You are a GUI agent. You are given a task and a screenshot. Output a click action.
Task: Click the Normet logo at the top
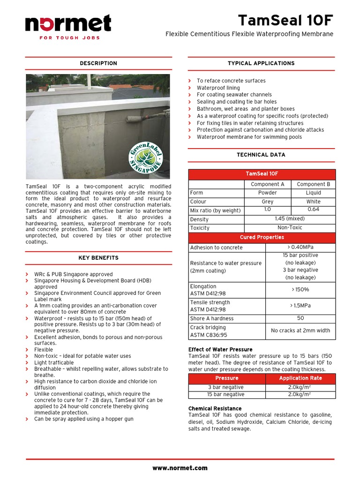click(68, 26)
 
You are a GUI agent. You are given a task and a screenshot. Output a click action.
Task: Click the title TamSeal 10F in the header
click(285, 21)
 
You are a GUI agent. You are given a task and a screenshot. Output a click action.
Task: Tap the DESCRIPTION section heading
click(98, 63)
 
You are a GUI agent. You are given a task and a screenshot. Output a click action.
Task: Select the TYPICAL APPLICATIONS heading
click(261, 63)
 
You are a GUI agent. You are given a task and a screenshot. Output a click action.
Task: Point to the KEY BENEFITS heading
click(98, 258)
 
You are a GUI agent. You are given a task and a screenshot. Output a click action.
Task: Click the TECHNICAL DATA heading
click(261, 155)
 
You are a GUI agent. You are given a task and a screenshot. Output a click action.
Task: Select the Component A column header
click(268, 184)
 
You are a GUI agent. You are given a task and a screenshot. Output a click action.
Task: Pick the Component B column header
click(313, 184)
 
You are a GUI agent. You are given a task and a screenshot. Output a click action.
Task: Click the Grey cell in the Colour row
click(268, 202)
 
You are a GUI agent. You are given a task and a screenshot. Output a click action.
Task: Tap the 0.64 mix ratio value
click(313, 210)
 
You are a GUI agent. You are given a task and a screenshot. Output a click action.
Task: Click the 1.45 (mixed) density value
click(290, 219)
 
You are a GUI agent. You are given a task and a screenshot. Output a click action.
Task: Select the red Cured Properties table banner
click(262, 237)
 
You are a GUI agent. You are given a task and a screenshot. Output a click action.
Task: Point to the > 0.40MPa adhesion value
click(300, 247)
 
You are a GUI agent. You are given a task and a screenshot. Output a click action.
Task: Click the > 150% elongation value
click(300, 290)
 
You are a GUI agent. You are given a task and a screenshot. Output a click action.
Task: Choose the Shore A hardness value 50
click(300, 318)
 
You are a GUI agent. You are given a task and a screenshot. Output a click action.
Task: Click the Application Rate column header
click(300, 378)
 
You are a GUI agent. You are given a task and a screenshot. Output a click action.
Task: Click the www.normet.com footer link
click(180, 468)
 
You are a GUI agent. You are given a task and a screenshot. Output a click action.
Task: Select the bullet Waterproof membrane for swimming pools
click(249, 137)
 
